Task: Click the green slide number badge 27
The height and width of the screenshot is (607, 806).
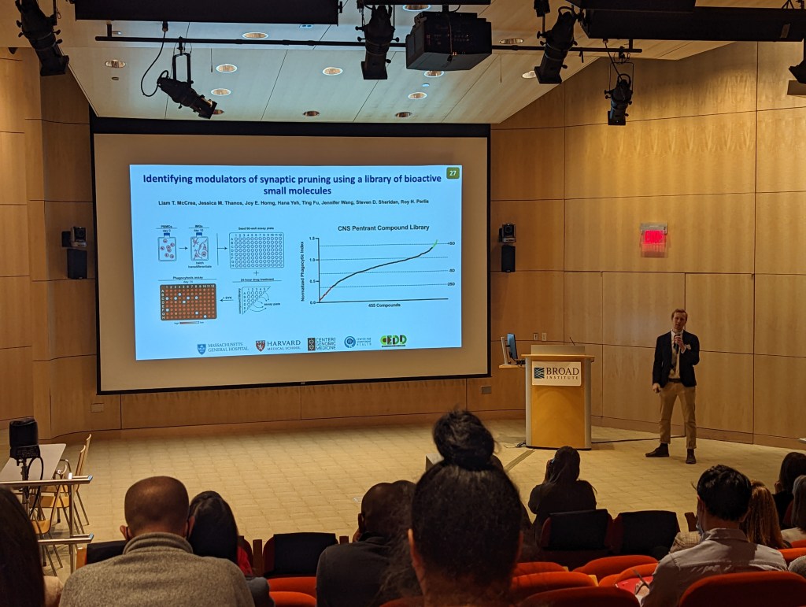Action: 453,172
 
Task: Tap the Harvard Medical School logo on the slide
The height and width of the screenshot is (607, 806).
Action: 278,345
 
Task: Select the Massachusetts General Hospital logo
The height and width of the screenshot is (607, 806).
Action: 223,347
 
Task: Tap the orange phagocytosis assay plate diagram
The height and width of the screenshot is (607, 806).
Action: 188,302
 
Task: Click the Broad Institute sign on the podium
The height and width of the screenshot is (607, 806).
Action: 556,372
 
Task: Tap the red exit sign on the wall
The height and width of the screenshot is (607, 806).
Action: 653,236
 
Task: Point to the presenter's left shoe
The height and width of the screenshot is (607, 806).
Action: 690,456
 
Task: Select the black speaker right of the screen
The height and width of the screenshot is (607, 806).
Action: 508,257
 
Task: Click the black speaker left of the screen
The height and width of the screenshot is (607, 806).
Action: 76,263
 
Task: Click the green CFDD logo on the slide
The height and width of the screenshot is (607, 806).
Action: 394,341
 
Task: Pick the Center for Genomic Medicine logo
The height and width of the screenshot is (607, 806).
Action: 322,344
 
